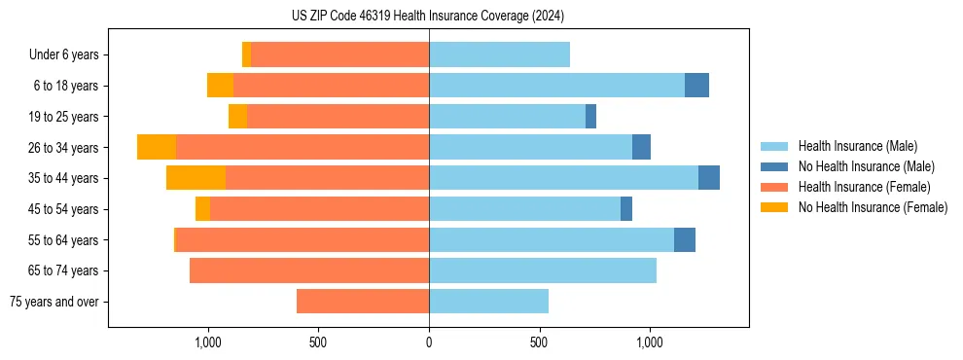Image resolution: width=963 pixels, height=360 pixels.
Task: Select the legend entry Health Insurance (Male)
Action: (x=857, y=146)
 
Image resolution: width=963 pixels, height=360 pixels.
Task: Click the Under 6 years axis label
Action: (x=63, y=55)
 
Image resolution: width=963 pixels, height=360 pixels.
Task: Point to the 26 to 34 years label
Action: (x=65, y=148)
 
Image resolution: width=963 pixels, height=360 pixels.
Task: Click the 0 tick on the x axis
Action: (x=429, y=342)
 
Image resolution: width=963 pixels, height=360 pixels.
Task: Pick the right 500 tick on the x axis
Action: (x=539, y=342)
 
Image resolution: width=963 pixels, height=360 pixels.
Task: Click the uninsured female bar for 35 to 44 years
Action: (x=196, y=178)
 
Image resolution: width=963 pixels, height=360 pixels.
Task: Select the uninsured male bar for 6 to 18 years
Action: (x=696, y=86)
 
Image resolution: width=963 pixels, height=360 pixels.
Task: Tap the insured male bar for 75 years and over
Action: (x=488, y=302)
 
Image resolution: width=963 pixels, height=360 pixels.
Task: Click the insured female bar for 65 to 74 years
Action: (x=309, y=270)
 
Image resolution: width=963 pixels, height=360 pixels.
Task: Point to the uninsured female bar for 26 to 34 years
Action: (x=157, y=147)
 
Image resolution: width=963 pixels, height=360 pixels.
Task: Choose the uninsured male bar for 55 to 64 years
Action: (x=685, y=239)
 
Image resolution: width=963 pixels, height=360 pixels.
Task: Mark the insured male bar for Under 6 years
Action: (x=499, y=55)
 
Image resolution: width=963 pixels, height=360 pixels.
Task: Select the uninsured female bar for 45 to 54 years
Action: (x=202, y=209)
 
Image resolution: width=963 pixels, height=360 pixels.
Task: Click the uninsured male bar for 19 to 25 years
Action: (x=590, y=117)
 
